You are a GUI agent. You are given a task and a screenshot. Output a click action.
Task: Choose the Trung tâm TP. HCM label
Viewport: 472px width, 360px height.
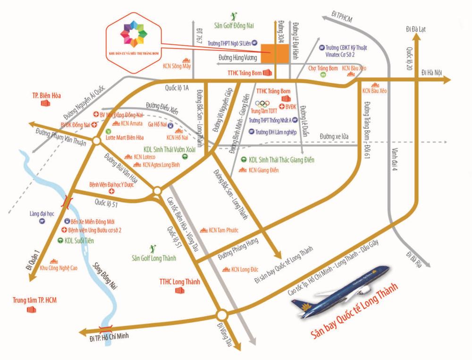click(x=33, y=299)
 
